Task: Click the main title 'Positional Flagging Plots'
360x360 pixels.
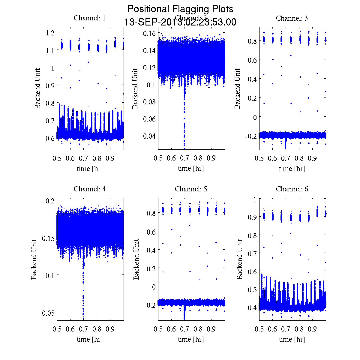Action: click(x=180, y=9)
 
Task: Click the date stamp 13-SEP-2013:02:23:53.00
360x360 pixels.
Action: click(x=180, y=22)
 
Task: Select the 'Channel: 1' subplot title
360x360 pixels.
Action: click(x=90, y=18)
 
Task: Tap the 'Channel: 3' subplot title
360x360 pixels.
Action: click(x=292, y=18)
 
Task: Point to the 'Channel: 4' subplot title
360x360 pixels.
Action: click(x=90, y=189)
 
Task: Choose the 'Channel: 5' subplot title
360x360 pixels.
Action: click(x=191, y=189)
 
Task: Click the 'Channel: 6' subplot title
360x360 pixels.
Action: click(x=292, y=189)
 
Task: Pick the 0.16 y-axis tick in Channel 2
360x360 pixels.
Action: click(x=149, y=33)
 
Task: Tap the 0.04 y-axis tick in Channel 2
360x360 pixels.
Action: click(x=149, y=136)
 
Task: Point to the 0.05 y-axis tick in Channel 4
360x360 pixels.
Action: click(x=48, y=313)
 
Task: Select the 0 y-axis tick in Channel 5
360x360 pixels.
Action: click(x=154, y=287)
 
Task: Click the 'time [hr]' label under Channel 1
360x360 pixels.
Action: click(x=90, y=169)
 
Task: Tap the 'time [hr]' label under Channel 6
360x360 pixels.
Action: click(x=292, y=340)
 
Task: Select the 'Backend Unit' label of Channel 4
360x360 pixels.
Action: click(x=34, y=259)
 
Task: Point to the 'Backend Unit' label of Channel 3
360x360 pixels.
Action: click(x=237, y=88)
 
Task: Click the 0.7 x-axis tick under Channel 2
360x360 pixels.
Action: click(x=184, y=158)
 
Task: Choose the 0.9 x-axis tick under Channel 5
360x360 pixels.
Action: click(x=211, y=329)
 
